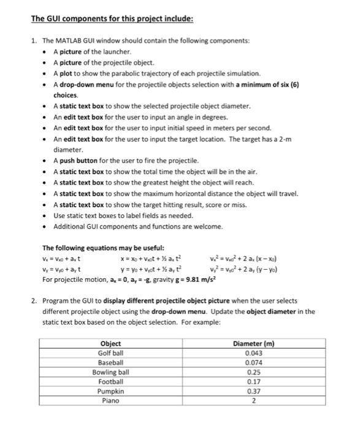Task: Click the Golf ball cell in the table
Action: pos(110,353)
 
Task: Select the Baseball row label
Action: pos(110,362)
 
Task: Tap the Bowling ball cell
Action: pos(110,372)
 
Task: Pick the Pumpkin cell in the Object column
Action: pos(110,391)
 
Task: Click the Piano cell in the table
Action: pos(110,400)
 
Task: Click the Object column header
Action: pos(110,344)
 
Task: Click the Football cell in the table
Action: pos(110,381)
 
